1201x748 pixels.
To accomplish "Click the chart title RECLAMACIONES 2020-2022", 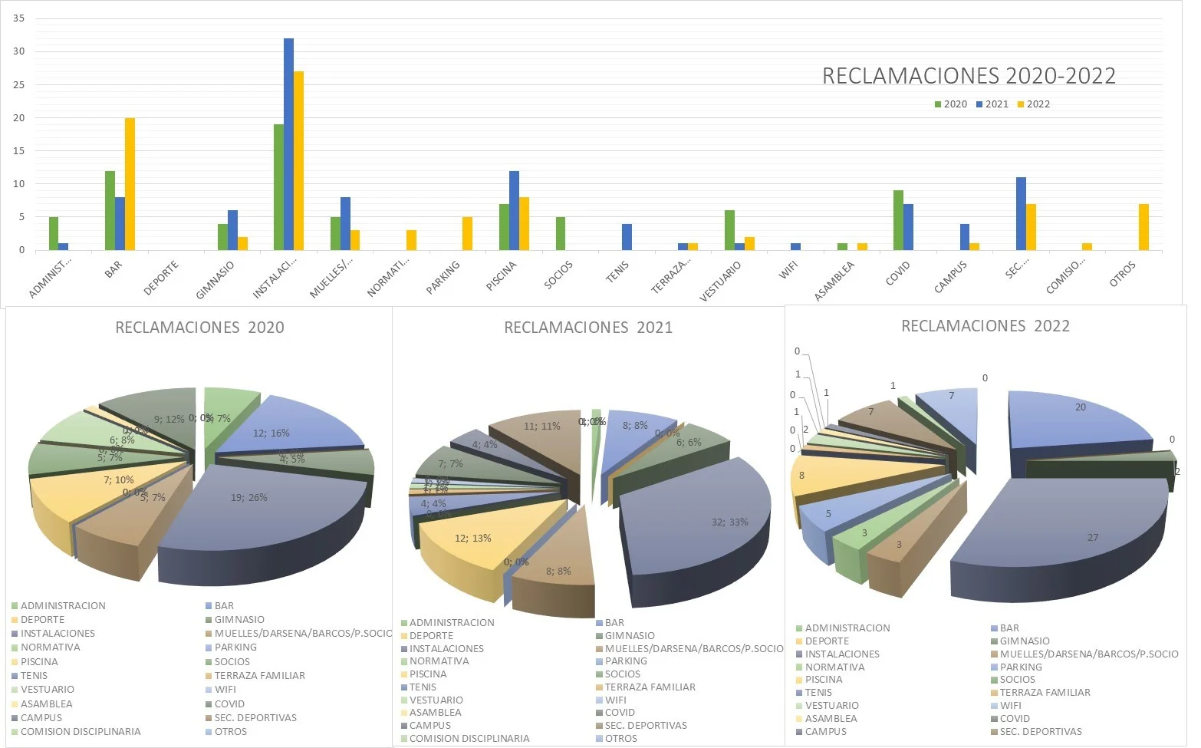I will (x=969, y=76).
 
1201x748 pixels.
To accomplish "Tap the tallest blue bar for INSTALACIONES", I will (x=288, y=144).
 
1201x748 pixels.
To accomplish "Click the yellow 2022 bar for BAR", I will (x=130, y=184).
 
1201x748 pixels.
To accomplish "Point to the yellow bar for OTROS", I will (x=1143, y=227).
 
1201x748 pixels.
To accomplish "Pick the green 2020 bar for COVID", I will (x=898, y=220).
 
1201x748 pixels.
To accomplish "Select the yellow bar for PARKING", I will (x=467, y=233).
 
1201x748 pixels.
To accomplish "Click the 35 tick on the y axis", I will (x=18, y=18).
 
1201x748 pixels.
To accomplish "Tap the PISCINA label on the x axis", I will (x=502, y=275).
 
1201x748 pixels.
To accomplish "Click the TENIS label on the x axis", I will (x=617, y=271).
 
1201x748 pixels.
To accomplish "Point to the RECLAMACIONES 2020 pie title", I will (x=199, y=328).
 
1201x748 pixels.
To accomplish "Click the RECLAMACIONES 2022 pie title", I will (x=985, y=326).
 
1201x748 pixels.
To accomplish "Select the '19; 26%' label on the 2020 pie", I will (x=249, y=497).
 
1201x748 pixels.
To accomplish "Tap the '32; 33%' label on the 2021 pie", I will (x=729, y=522).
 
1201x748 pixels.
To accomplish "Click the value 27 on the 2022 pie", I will (x=1092, y=537).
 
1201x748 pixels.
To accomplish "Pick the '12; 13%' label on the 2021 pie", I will (x=472, y=538).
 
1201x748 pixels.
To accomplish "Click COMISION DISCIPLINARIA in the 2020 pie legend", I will (x=81, y=731).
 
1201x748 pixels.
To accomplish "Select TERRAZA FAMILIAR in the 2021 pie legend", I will (x=650, y=687).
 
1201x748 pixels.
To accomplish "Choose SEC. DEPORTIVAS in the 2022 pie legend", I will (x=1041, y=731).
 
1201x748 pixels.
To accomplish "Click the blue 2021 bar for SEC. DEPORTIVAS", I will (x=1021, y=214).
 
